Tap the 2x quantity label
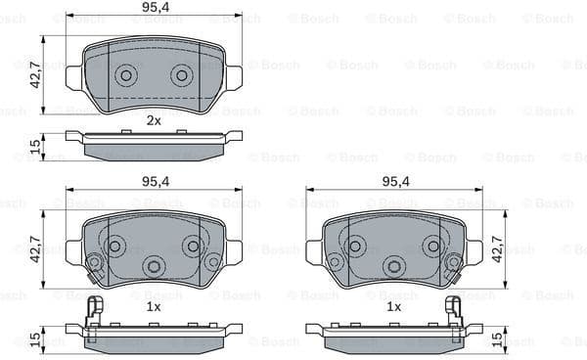[154, 120]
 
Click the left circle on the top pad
[125, 75]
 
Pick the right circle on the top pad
[181, 75]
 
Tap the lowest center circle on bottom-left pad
[153, 265]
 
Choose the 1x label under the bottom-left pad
[154, 306]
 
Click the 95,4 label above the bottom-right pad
[394, 181]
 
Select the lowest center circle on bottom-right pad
[393, 265]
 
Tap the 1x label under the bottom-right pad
[394, 306]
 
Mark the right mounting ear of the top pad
[233, 76]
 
